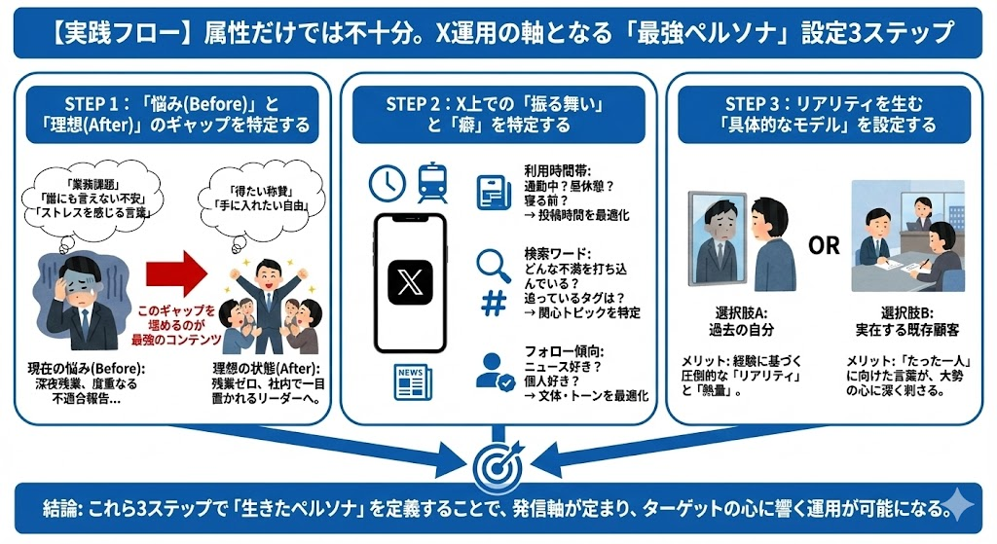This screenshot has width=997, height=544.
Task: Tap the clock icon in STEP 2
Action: (x=387, y=182)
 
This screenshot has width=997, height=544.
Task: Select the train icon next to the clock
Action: (x=431, y=182)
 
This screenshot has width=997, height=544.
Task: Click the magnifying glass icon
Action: (x=494, y=265)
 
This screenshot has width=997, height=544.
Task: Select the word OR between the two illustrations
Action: (x=824, y=245)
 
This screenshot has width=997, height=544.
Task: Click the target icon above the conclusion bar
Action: (x=498, y=466)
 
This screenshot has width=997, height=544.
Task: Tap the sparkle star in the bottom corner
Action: (x=960, y=507)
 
